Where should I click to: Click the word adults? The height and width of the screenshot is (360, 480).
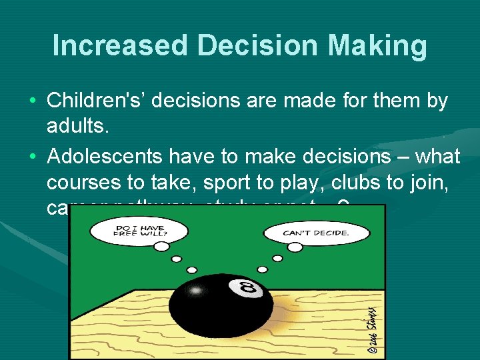pyautogui.click(x=75, y=127)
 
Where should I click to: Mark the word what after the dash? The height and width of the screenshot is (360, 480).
pyautogui.click(x=437, y=156)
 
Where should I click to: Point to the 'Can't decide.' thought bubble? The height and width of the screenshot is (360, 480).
pyautogui.click(x=315, y=233)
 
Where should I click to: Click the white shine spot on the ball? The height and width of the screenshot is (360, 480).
pyautogui.click(x=196, y=291)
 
